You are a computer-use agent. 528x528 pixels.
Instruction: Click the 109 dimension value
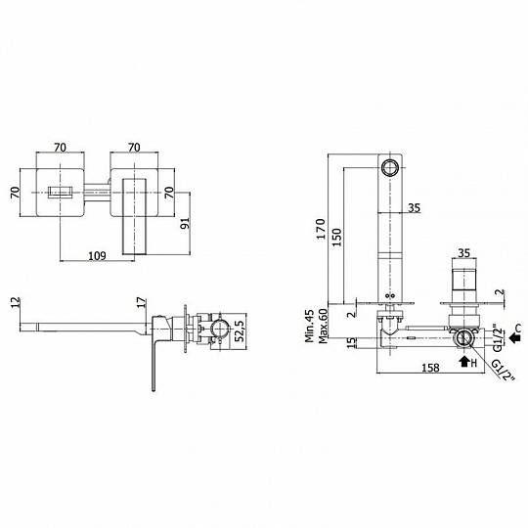coord(97,256)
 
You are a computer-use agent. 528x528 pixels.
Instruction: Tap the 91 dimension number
coord(185,223)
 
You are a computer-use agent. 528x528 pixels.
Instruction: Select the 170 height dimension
coord(321,229)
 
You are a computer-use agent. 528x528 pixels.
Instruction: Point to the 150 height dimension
coord(336,237)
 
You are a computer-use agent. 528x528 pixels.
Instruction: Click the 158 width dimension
coord(430,368)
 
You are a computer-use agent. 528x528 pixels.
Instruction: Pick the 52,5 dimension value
coord(239,331)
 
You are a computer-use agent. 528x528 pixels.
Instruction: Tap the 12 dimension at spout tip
coord(16,302)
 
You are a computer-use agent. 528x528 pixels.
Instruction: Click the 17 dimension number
coord(142,302)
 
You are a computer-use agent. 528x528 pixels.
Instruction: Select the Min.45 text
coord(310,326)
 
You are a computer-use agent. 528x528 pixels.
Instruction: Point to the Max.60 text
coord(323,326)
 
